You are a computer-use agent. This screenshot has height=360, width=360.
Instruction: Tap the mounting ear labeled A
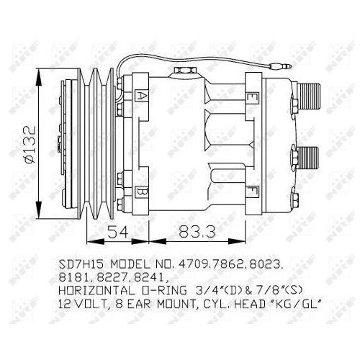142,95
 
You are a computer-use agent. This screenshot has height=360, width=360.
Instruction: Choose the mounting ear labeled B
142,192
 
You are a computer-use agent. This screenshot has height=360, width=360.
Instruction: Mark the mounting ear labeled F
253,192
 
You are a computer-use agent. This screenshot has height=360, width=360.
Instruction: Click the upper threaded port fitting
310,92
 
